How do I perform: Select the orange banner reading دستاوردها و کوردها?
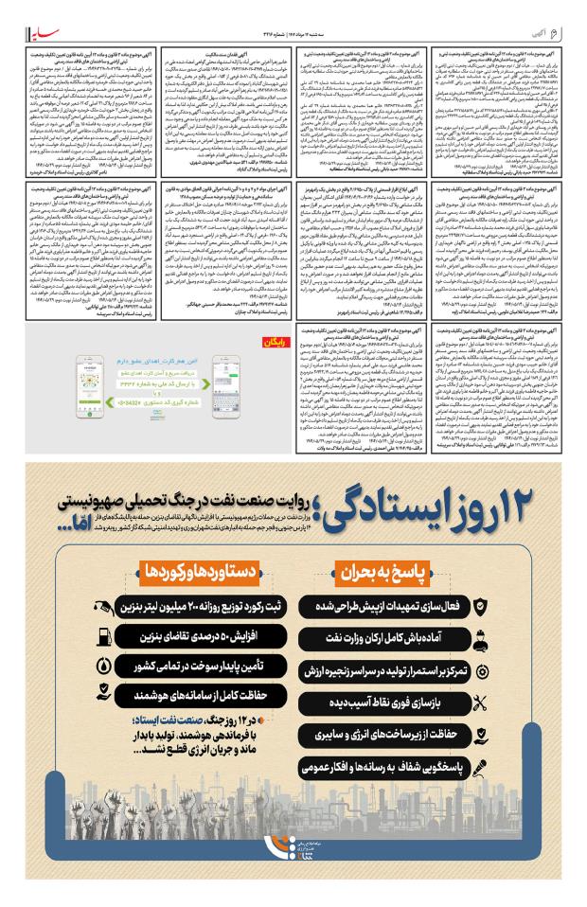coord(198,571)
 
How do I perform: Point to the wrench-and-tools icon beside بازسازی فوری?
coord(481,702)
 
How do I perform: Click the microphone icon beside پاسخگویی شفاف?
coord(481,768)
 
